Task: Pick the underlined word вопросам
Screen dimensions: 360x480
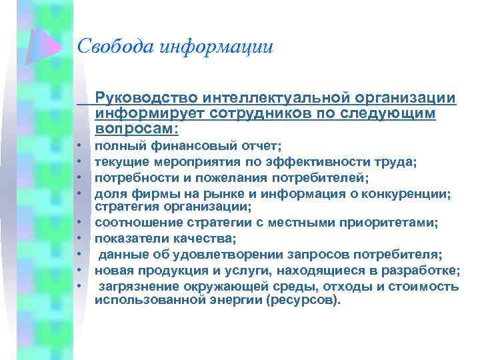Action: point(136,128)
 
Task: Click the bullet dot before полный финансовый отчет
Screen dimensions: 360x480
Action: point(78,144)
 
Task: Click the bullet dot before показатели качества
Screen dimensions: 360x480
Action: point(78,238)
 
